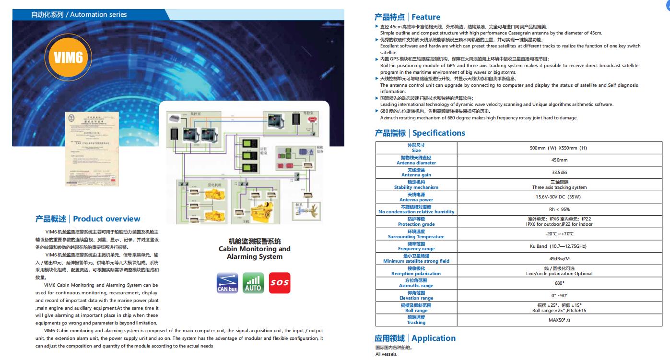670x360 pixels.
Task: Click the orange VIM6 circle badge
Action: click(69, 58)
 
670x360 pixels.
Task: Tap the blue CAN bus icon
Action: click(227, 282)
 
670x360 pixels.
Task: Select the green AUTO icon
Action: click(253, 282)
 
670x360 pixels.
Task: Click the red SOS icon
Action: click(280, 282)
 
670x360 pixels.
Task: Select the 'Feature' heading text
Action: click(425, 17)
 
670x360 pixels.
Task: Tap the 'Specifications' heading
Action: click(438, 133)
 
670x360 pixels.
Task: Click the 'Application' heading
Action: click(433, 338)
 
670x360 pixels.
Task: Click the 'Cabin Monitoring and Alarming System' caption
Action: click(254, 249)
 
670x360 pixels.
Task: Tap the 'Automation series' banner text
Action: click(98, 15)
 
